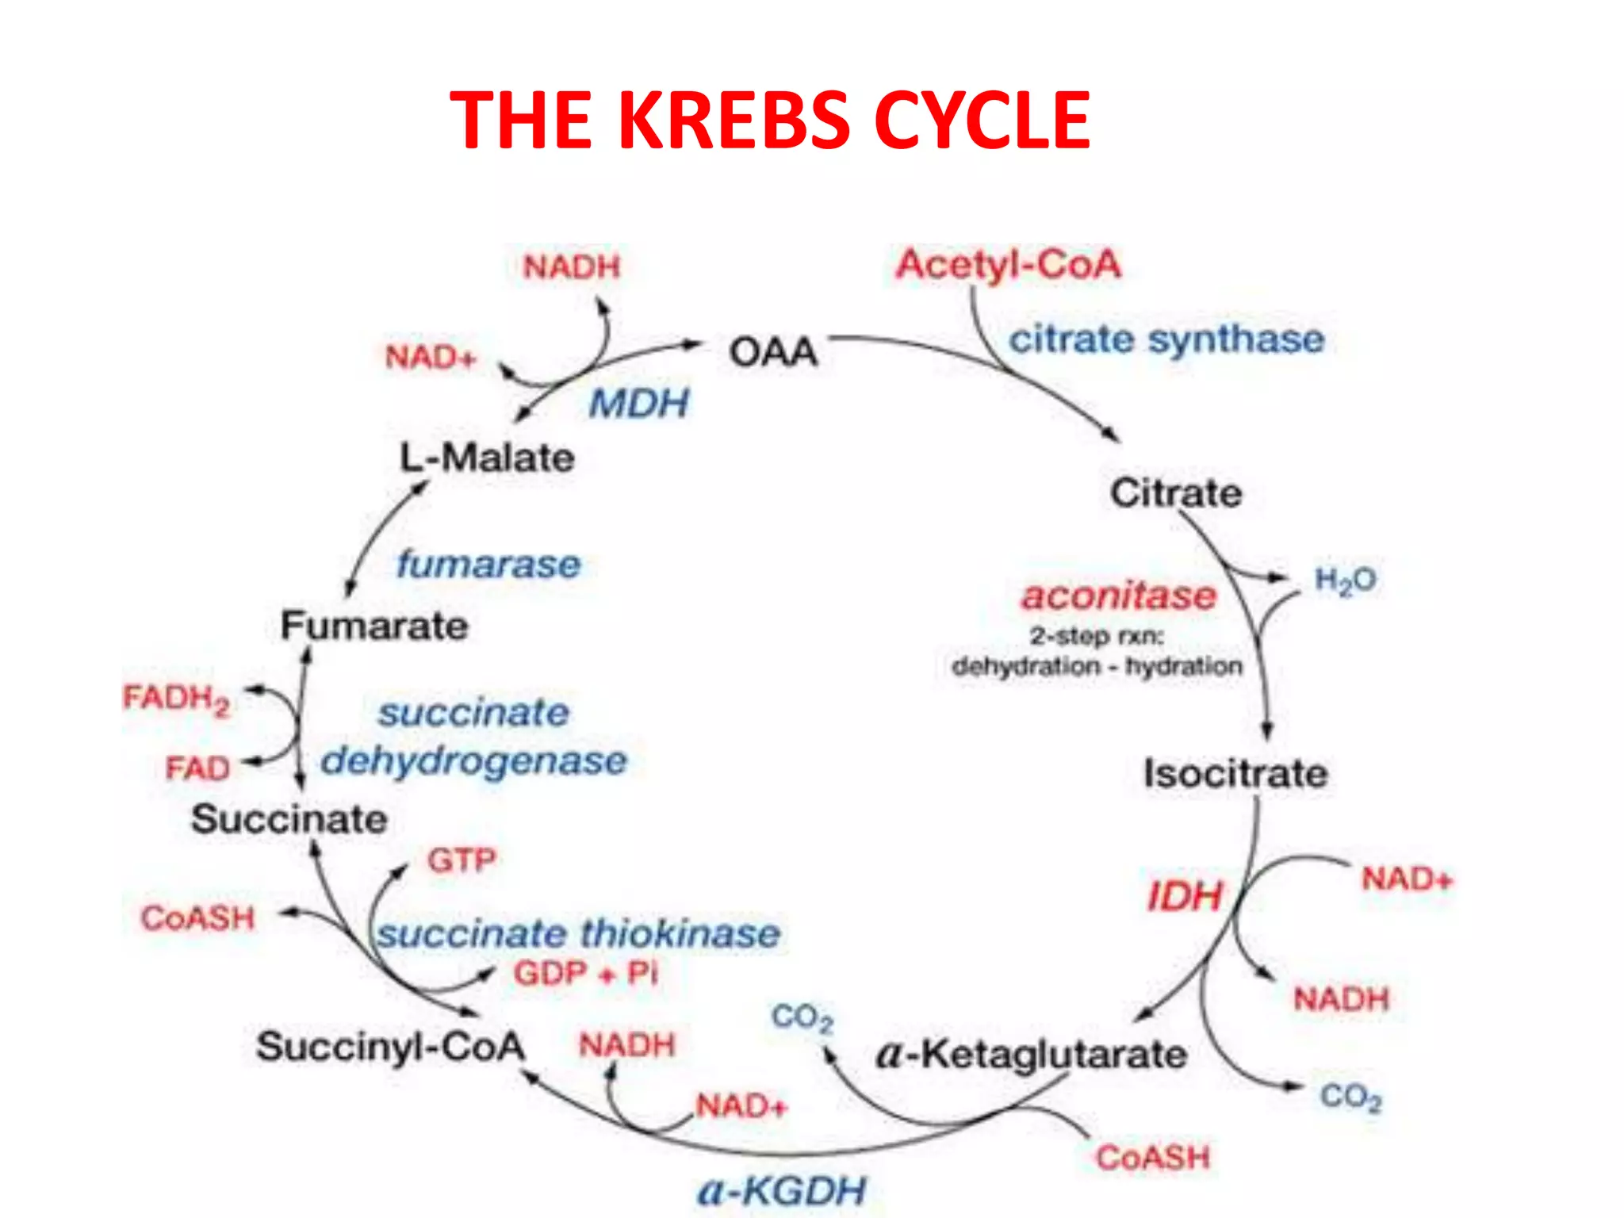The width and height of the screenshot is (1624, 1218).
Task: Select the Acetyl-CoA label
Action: click(x=1008, y=265)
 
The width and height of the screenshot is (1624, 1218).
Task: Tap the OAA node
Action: click(x=773, y=352)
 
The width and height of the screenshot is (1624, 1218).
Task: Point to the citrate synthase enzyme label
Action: click(x=1166, y=339)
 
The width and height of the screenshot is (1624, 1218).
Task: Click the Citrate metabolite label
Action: click(x=1175, y=493)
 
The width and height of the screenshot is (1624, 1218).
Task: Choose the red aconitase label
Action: click(x=1118, y=596)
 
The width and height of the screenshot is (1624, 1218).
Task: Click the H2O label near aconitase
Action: click(x=1345, y=580)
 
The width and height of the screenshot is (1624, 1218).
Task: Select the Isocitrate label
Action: click(x=1235, y=773)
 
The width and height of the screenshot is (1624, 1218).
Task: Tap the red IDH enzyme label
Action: click(x=1185, y=897)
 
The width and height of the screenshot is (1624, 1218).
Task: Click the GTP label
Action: click(x=462, y=860)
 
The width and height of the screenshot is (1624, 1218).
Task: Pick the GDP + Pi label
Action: click(x=585, y=973)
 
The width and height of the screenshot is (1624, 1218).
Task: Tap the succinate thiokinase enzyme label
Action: click(x=578, y=933)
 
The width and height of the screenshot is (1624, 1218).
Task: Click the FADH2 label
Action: click(x=176, y=699)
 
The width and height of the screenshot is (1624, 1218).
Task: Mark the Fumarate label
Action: click(x=374, y=626)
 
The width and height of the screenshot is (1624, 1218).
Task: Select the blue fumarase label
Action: click(x=488, y=565)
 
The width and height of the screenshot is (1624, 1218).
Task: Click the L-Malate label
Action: click(x=487, y=458)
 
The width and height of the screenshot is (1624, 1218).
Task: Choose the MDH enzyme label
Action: click(x=638, y=404)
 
